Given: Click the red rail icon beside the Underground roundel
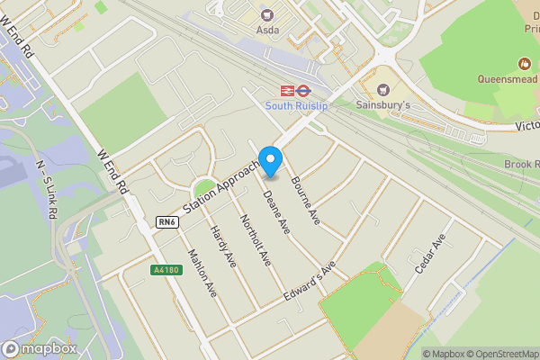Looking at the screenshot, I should [x=287, y=90].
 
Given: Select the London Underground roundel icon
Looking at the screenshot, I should [x=304, y=90].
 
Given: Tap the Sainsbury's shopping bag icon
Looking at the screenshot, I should [x=384, y=90].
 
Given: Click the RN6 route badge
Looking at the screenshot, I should [x=166, y=222].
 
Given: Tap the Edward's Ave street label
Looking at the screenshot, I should [x=301, y=283].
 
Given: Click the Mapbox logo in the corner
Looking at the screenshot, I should [x=39, y=348].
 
